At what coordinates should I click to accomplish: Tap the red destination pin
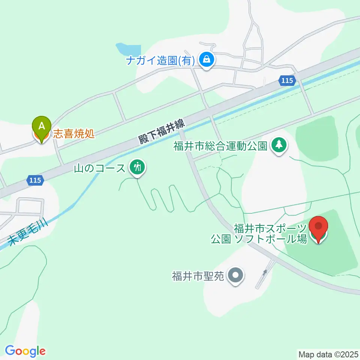point(318,227)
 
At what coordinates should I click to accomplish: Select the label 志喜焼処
point(73,134)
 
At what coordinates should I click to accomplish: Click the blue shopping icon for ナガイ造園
point(206,59)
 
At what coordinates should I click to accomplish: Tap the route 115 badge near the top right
point(287,80)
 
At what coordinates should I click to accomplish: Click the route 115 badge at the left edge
point(35,180)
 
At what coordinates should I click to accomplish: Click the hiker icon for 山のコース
point(138,167)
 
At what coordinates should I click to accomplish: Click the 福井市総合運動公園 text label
point(220,145)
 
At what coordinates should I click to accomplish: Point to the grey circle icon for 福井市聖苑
point(235,276)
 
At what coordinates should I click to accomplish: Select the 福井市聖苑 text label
point(198,276)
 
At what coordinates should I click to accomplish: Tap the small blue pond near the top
point(128,49)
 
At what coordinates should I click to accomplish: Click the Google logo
point(25,351)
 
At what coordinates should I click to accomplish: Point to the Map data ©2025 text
point(328,354)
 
